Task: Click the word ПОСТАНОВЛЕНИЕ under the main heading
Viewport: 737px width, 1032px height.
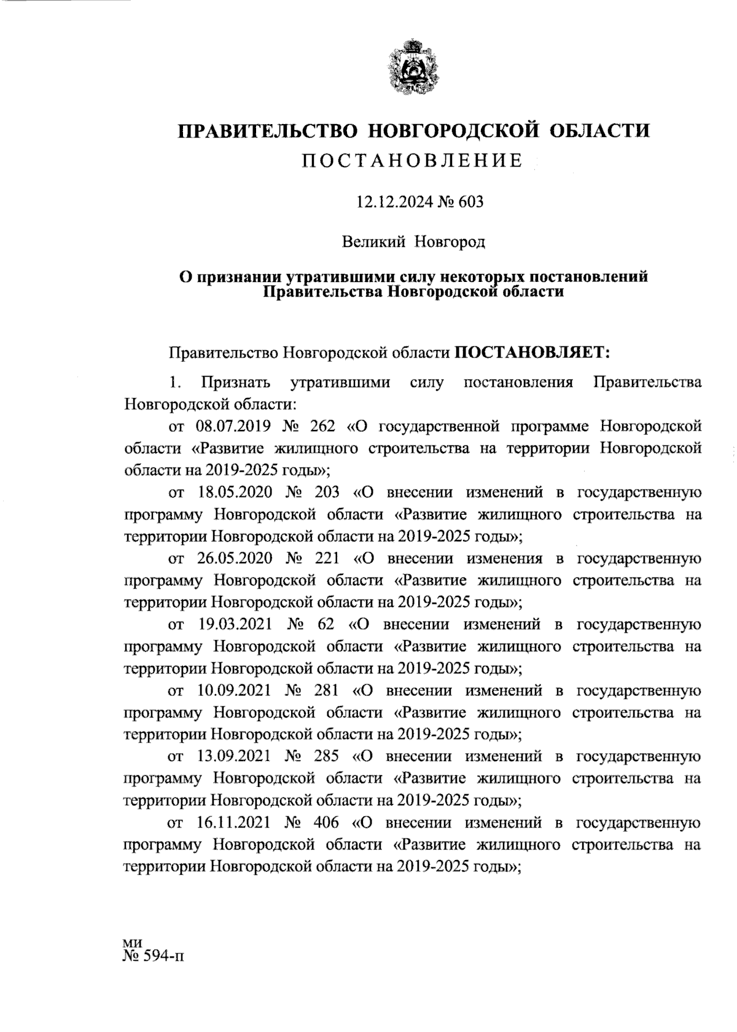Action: tap(413, 162)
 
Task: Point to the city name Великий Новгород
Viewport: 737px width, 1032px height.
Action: tap(413, 241)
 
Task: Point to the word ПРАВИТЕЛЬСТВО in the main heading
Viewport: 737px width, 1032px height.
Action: tap(268, 131)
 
